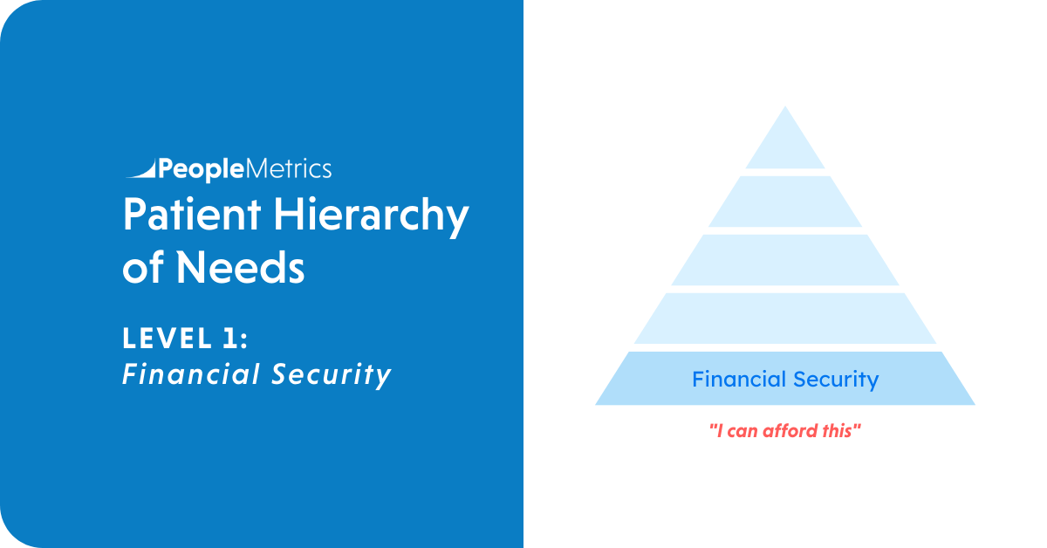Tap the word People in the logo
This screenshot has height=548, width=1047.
click(202, 170)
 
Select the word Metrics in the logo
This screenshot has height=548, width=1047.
click(289, 168)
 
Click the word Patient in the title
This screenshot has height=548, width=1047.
click(192, 214)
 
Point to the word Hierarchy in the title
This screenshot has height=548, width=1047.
click(371, 217)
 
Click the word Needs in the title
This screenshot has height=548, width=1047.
click(240, 267)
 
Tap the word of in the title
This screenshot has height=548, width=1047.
click(143, 267)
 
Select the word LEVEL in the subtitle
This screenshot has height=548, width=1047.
click(167, 338)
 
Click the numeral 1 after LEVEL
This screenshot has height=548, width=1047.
click(229, 338)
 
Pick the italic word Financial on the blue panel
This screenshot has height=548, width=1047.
click(191, 374)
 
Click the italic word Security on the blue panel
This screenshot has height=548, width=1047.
click(331, 375)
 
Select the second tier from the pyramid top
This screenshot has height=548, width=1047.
click(785, 202)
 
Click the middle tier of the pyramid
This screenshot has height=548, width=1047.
click(785, 260)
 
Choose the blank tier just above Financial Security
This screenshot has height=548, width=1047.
click(785, 319)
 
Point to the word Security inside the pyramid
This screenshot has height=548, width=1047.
click(836, 380)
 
